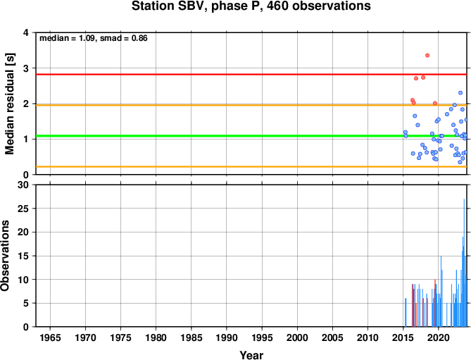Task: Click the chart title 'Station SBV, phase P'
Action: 196,6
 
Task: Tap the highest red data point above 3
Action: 427,55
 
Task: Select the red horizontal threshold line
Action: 251,74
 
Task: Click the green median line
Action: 251,136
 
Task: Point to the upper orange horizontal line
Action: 251,105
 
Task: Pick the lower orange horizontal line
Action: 251,166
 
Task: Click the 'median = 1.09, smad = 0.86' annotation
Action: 94,38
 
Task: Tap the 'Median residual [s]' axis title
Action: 10,104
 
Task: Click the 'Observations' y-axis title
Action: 5,256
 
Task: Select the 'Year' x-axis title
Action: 251,355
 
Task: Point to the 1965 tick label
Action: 50,337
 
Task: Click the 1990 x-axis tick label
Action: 227,337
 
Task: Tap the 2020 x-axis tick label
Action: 438,337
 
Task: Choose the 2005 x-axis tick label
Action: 332,337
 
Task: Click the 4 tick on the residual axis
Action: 26,32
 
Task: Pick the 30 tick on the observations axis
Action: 23,185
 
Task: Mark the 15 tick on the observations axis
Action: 23,256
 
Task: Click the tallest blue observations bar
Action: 464,263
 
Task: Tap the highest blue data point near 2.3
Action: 460,93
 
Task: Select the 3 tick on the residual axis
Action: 26,68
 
